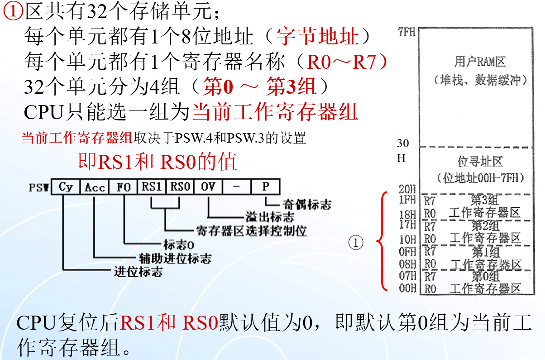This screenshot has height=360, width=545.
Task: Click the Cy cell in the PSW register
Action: (66, 187)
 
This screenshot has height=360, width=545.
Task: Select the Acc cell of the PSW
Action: (95, 187)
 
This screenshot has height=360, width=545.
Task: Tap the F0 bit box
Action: (124, 187)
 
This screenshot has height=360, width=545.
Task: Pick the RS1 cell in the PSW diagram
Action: (152, 187)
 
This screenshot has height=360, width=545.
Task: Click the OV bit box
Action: (208, 187)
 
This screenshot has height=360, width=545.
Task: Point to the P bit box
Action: (265, 187)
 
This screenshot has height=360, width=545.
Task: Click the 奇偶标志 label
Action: (307, 204)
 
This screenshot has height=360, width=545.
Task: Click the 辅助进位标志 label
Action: (175, 259)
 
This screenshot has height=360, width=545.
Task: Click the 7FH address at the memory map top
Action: (407, 33)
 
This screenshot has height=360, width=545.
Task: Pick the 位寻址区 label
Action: (480, 162)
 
